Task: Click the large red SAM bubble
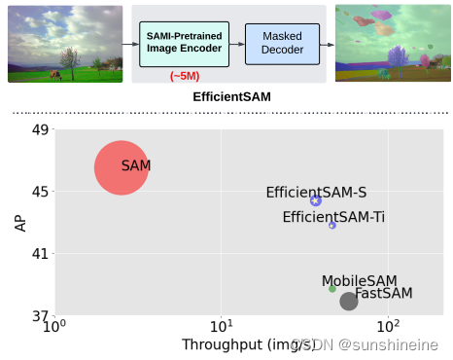[122, 167]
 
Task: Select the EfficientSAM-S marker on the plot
[316, 200]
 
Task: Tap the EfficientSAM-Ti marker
[332, 225]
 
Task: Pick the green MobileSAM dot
[332, 288]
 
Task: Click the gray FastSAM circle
[349, 301]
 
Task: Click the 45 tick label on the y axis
[39, 192]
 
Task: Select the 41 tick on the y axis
[39, 254]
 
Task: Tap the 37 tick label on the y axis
[39, 316]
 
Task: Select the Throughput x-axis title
[239, 344]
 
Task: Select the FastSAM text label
[384, 293]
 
